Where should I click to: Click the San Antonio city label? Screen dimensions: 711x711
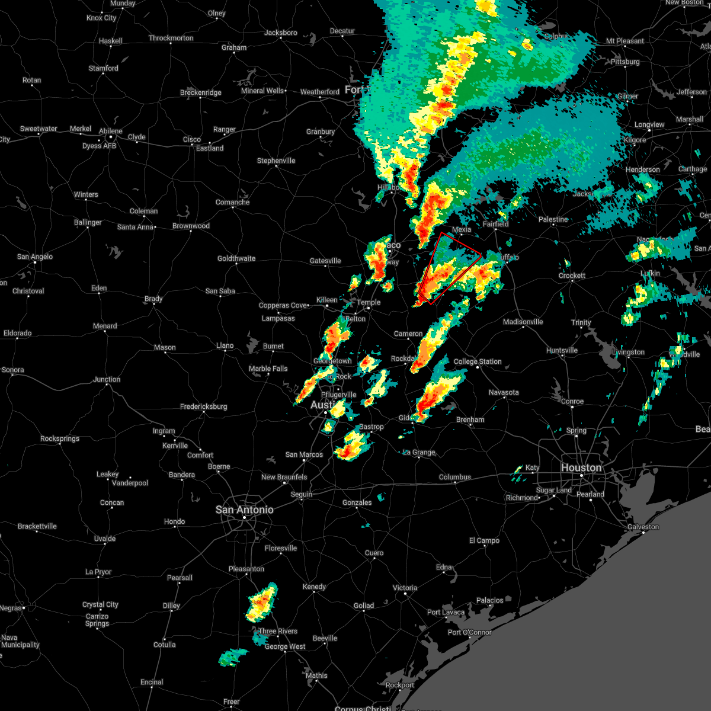tap(244, 510)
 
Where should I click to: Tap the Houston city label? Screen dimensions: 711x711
tap(581, 467)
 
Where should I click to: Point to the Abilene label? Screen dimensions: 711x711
tap(111, 131)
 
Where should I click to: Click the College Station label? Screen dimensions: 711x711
tap(478, 361)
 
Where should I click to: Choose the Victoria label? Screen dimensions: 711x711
tap(405, 588)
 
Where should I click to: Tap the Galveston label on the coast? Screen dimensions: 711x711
tap(643, 527)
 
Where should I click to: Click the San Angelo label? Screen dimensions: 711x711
tap(35, 257)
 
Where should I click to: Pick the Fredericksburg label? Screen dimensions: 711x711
tap(204, 406)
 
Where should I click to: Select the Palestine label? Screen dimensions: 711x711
tap(553, 219)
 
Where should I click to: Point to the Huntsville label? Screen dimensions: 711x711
tap(562, 350)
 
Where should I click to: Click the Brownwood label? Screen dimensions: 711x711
tap(191, 226)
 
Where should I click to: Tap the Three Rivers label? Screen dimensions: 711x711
tap(278, 631)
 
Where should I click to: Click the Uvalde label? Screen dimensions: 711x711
tap(105, 539)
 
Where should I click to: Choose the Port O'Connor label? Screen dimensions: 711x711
tap(470, 632)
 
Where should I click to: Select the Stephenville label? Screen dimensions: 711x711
tap(276, 161)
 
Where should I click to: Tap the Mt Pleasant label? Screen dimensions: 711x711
tap(624, 41)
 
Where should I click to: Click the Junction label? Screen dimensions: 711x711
tap(107, 379)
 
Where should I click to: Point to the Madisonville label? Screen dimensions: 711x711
tap(523, 322)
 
